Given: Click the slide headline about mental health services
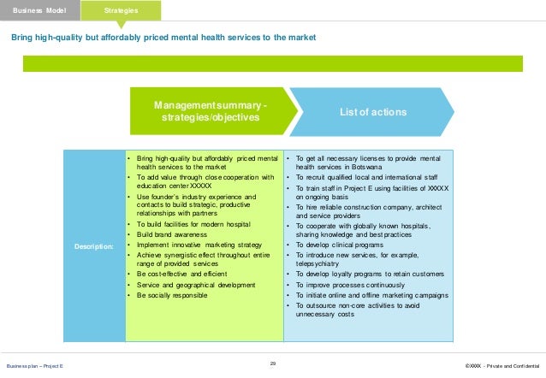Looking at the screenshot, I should [x=163, y=38].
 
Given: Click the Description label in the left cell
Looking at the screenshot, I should [x=94, y=246].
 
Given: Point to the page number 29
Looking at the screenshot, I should [x=273, y=363].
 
